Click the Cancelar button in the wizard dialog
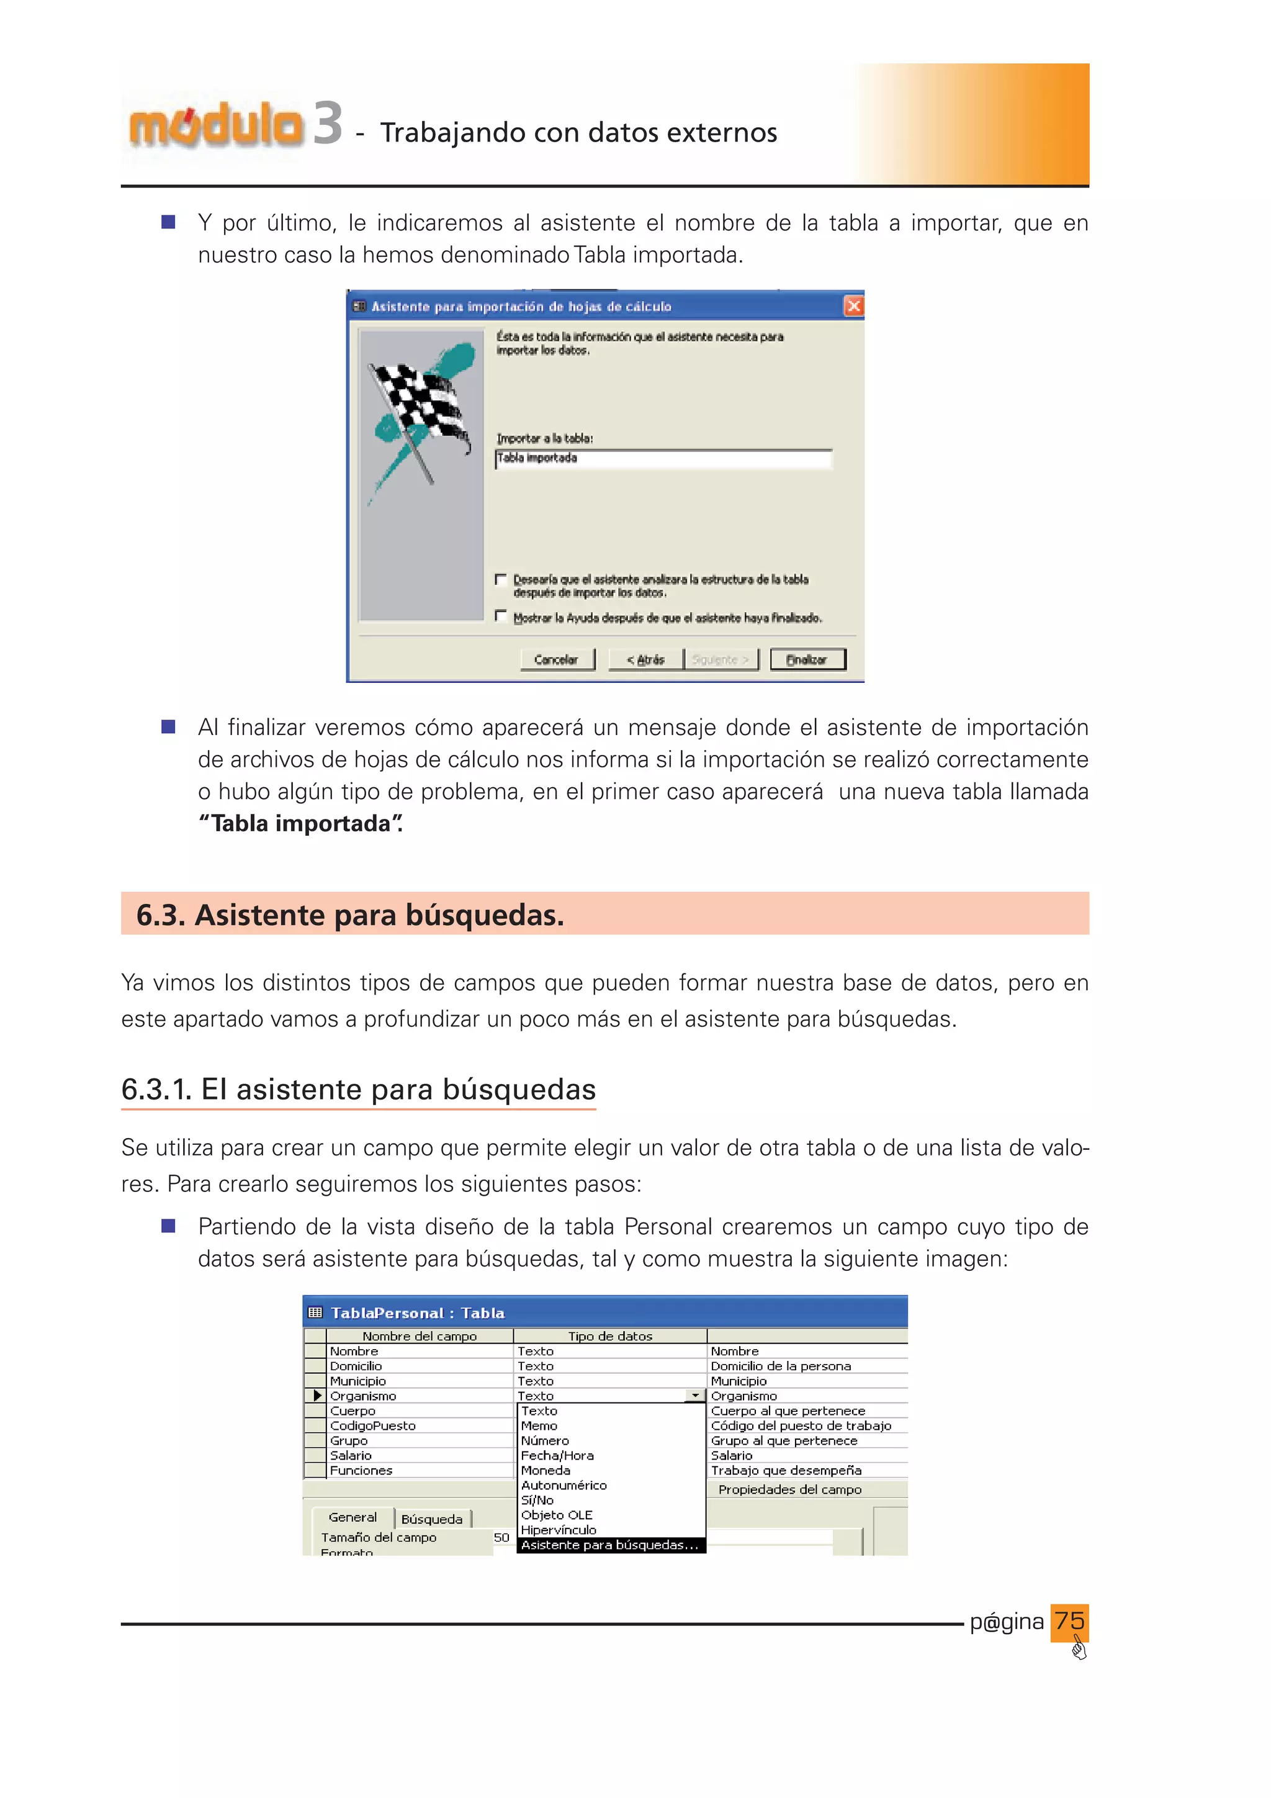tap(557, 659)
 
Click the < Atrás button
tap(645, 659)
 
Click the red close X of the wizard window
tap(853, 306)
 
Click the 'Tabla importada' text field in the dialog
tap(662, 458)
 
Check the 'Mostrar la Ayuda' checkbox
tap(501, 617)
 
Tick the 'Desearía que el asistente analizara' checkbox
tap(501, 579)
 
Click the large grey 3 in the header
tap(328, 124)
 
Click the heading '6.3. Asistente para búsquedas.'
tap(350, 915)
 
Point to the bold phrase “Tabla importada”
tap(300, 824)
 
